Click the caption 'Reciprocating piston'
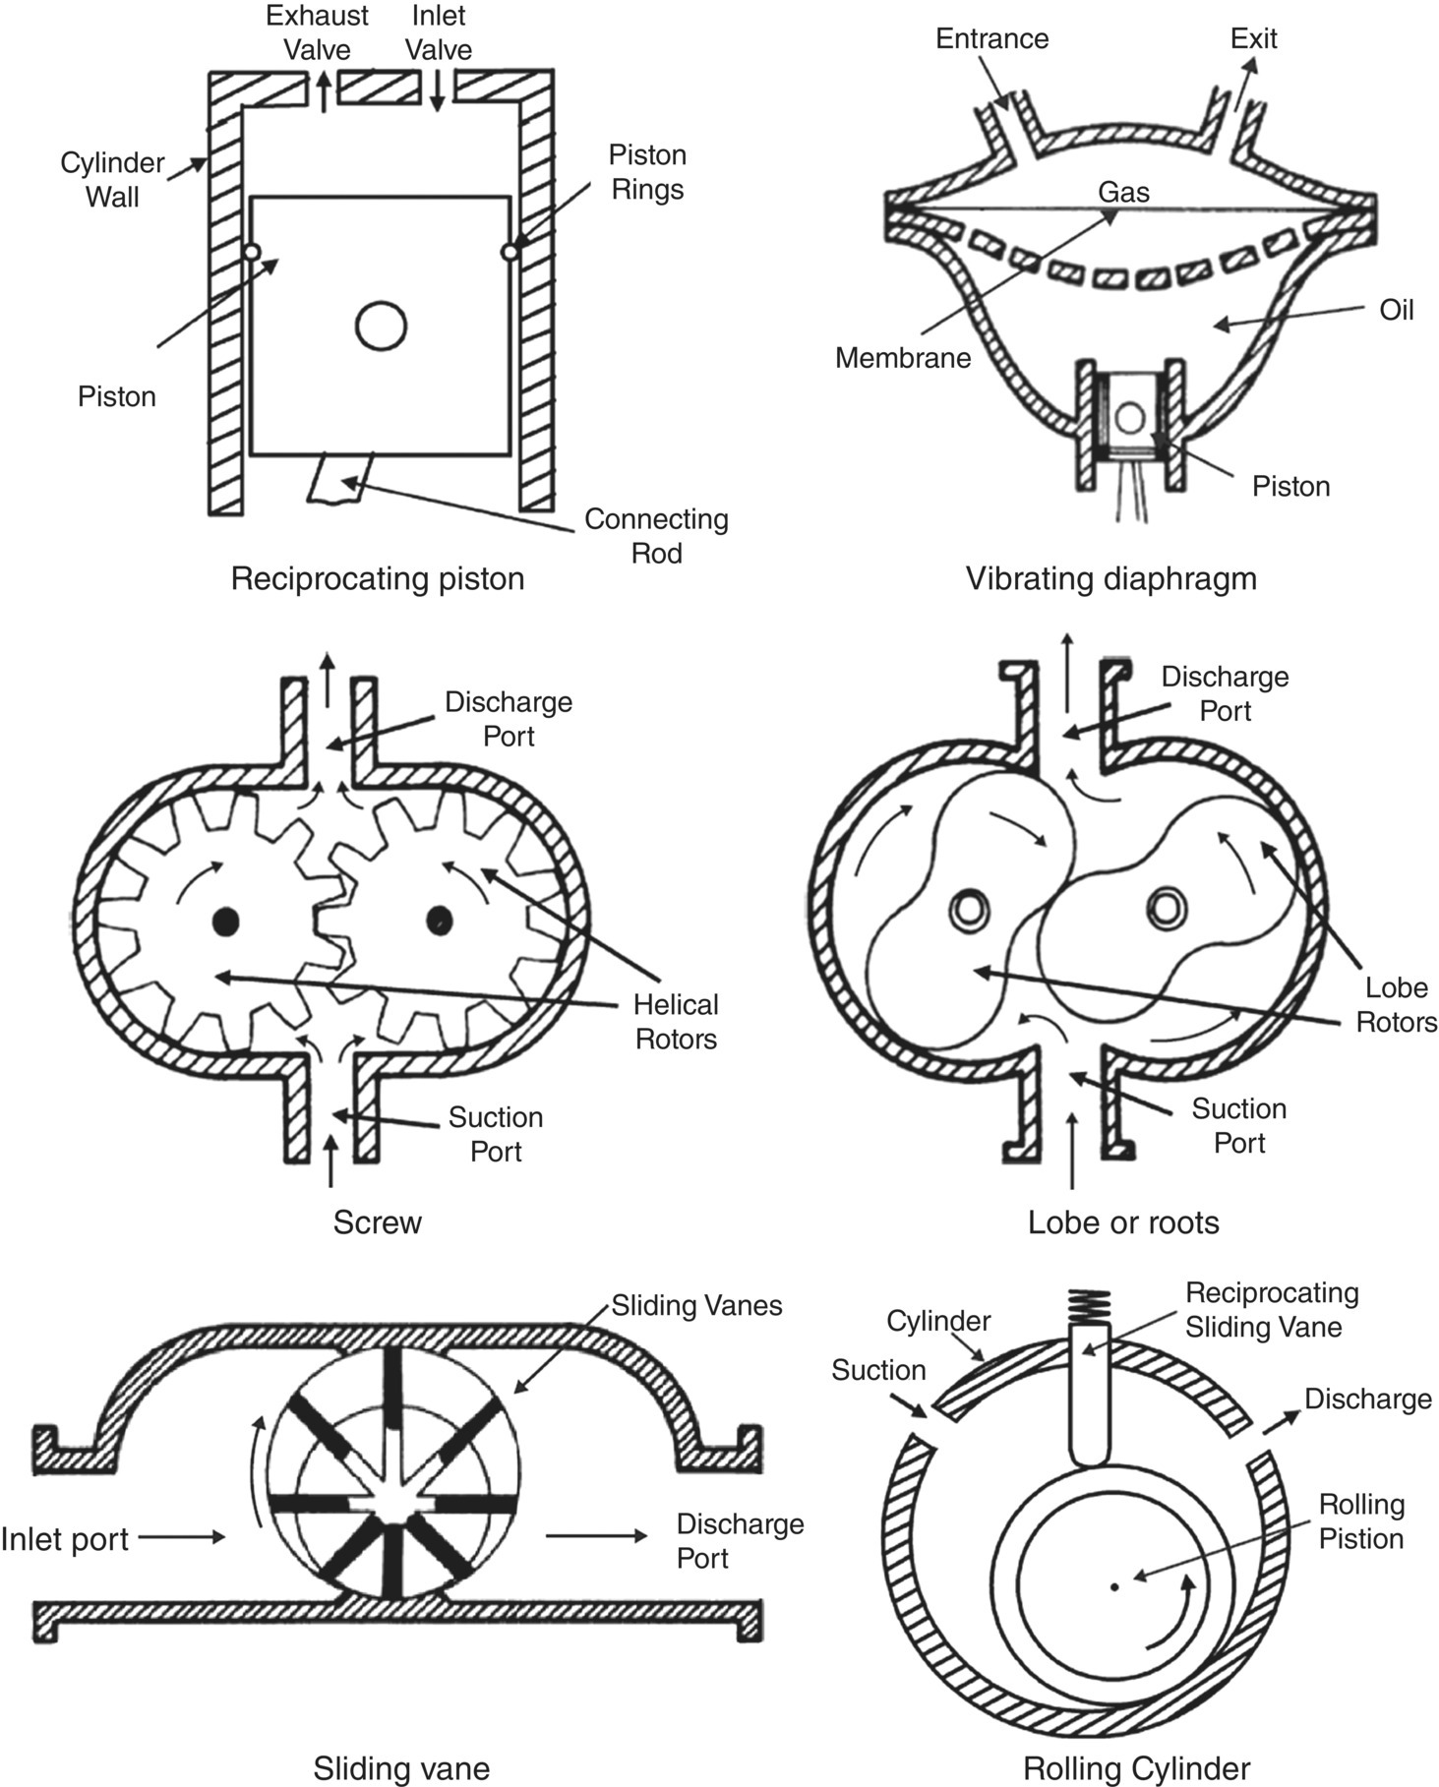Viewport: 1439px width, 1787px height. click(377, 577)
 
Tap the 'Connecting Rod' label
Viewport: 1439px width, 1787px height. click(656, 536)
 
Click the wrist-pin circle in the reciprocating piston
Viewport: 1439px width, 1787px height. click(382, 326)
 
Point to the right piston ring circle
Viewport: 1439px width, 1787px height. click(510, 253)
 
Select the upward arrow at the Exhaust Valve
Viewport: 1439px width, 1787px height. click(321, 92)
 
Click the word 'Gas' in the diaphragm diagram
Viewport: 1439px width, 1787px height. click(1123, 192)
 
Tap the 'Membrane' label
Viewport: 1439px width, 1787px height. click(902, 358)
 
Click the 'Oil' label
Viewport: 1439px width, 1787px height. click(1396, 310)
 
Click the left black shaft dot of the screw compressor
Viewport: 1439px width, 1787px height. click(226, 921)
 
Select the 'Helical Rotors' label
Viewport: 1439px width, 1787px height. click(676, 1022)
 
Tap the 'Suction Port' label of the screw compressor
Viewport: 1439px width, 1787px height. click(495, 1134)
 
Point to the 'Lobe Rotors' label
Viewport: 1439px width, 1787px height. click(1396, 1004)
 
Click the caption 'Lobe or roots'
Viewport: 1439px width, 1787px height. click(1123, 1222)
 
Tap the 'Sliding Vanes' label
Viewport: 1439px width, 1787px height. click(696, 1305)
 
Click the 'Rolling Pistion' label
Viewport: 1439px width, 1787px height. click(1361, 1520)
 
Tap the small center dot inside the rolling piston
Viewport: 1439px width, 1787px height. click(1113, 1586)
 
